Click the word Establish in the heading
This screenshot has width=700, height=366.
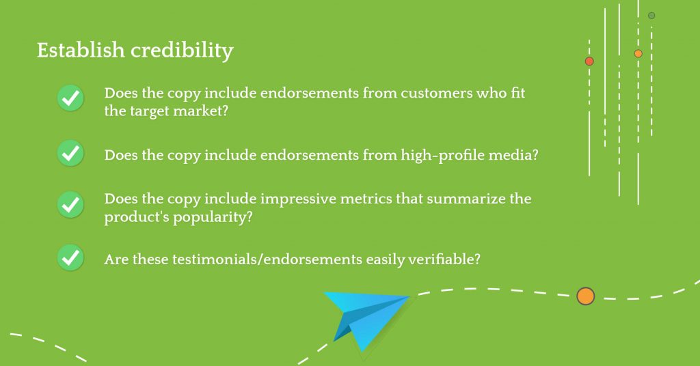pyautogui.click(x=81, y=50)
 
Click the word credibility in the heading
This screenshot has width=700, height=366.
pyautogui.click(x=182, y=51)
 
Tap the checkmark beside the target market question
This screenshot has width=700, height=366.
pyautogui.click(x=70, y=98)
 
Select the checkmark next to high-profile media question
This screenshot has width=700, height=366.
pyautogui.click(x=70, y=154)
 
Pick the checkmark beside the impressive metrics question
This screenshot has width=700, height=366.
pyautogui.click(x=70, y=205)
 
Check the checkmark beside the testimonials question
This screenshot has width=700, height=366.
pyautogui.click(x=70, y=257)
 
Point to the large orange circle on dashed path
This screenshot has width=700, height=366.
pyautogui.click(x=586, y=296)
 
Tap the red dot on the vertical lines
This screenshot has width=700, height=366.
pyautogui.click(x=589, y=61)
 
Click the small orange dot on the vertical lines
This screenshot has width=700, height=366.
pyautogui.click(x=638, y=53)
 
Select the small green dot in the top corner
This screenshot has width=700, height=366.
pyautogui.click(x=651, y=16)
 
